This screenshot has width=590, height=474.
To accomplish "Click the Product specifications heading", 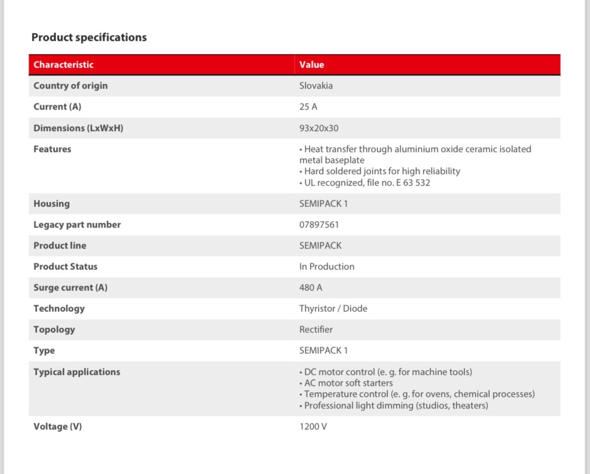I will [89, 38].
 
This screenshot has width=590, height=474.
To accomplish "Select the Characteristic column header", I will [63, 65].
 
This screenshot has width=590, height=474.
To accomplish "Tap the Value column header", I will [312, 65].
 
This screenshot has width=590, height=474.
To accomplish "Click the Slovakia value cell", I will [316, 86].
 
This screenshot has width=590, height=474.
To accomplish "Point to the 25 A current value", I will [308, 107].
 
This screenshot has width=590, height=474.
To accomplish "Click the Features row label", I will [52, 149].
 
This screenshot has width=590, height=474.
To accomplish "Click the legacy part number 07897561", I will [319, 225].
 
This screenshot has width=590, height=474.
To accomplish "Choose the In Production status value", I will [327, 267].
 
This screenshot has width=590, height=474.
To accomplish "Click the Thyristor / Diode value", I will [333, 309].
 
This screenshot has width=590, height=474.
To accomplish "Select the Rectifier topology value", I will [316, 330].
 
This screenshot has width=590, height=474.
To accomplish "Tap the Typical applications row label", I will [77, 372].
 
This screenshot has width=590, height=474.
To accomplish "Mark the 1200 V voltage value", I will [313, 427].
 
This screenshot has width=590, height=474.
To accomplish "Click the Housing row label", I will [51, 204].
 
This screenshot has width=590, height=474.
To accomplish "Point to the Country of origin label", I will [70, 86].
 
